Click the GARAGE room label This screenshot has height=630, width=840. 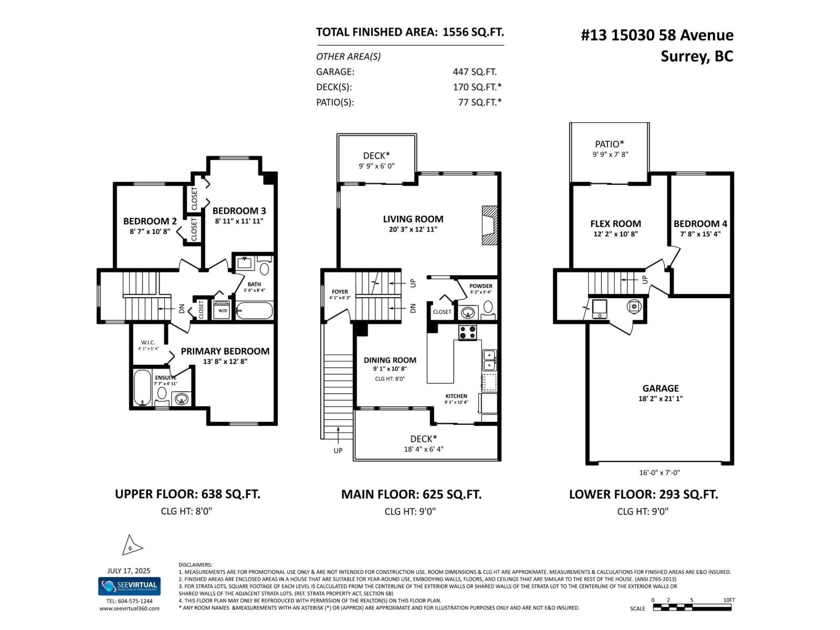pyautogui.click(x=660, y=388)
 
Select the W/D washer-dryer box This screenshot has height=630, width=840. pyautogui.click(x=223, y=310)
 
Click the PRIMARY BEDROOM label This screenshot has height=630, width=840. pyautogui.click(x=225, y=351)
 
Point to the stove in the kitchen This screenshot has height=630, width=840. pyautogui.click(x=467, y=332)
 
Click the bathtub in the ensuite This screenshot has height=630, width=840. pyautogui.click(x=142, y=388)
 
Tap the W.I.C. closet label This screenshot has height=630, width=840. pyautogui.click(x=148, y=342)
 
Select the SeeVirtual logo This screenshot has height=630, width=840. pyautogui.click(x=129, y=586)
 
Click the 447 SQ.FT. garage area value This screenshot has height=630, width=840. pyautogui.click(x=475, y=72)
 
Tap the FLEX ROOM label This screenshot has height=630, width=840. pyautogui.click(x=615, y=224)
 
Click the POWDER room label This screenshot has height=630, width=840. pyautogui.click(x=480, y=286)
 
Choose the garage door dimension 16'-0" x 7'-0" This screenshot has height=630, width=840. pyautogui.click(x=659, y=472)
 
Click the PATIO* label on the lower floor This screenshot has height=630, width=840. pyautogui.click(x=609, y=144)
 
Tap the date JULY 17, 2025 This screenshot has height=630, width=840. pyautogui.click(x=129, y=571)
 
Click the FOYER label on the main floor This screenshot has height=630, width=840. pyautogui.click(x=340, y=292)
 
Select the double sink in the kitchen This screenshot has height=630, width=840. pyautogui.click(x=489, y=360)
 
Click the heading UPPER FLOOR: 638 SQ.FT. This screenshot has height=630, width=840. pyautogui.click(x=187, y=494)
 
